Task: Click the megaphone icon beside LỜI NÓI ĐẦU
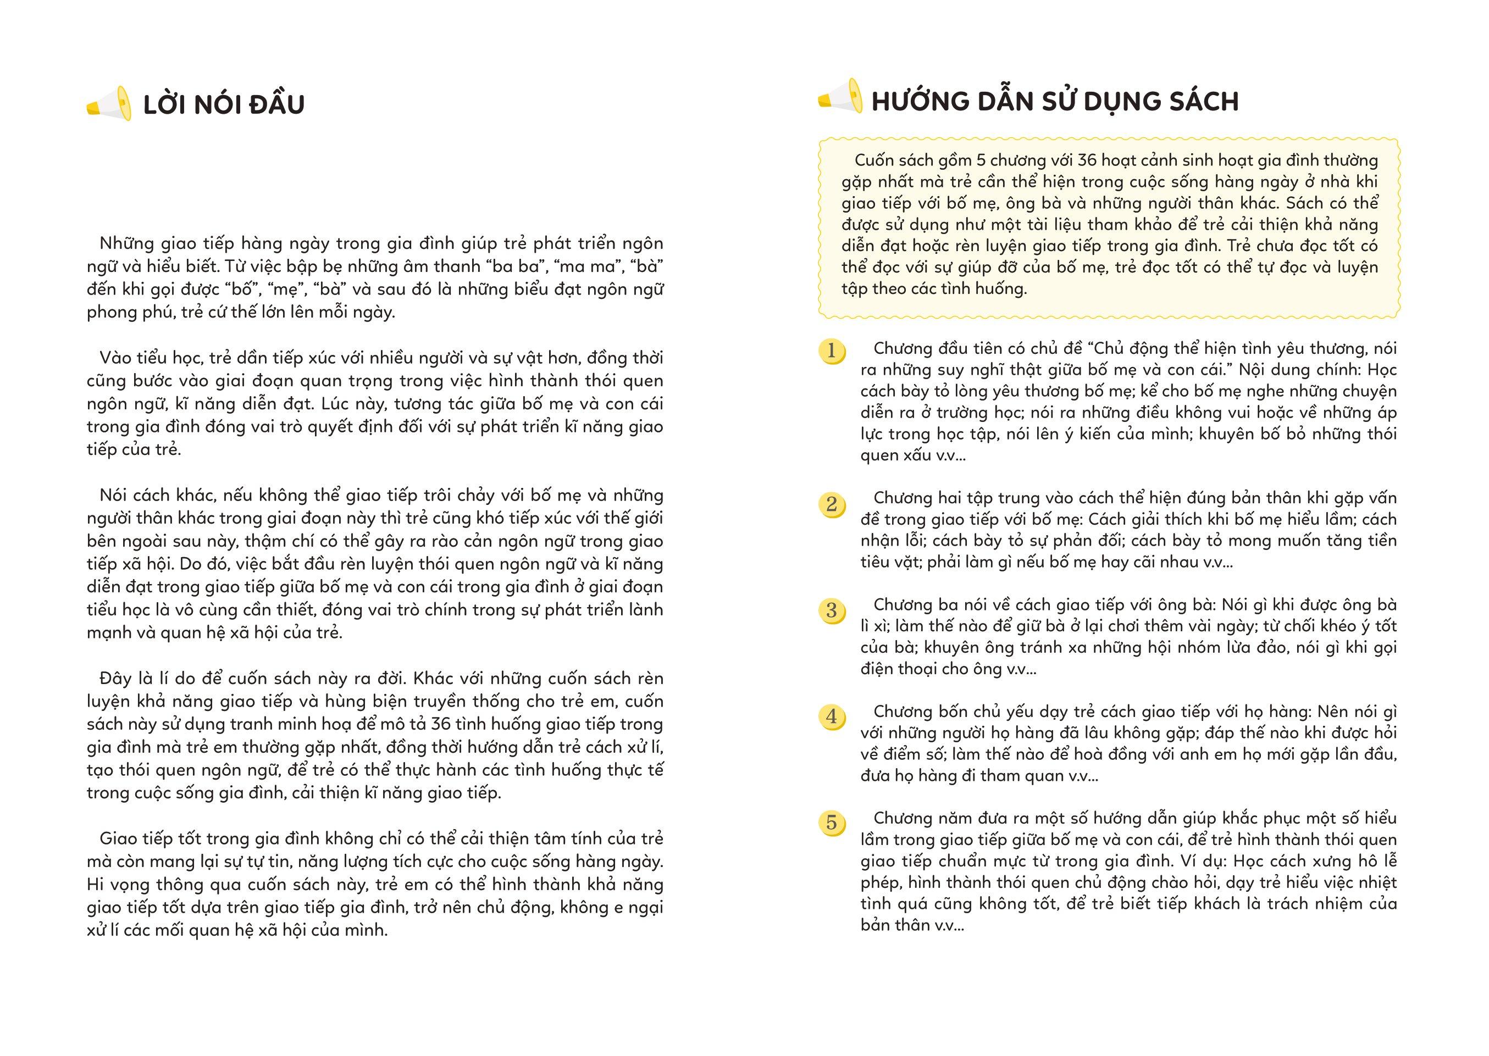[109, 103]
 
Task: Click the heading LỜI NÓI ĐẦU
[224, 105]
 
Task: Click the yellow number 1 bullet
[831, 351]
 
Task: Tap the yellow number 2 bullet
[831, 504]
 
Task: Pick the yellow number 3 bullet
[831, 610]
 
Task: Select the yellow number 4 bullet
[831, 716]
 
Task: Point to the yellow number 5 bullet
[831, 823]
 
